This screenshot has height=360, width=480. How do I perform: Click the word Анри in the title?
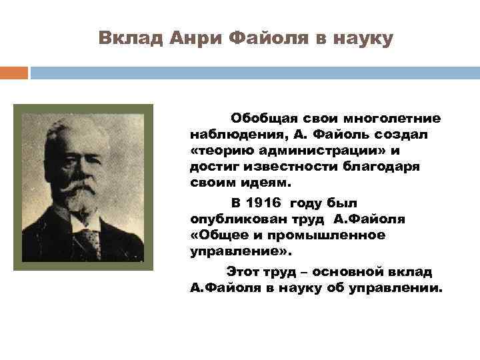193,38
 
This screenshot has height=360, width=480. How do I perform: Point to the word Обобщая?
261,119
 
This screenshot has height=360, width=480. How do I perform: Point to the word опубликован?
232,219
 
